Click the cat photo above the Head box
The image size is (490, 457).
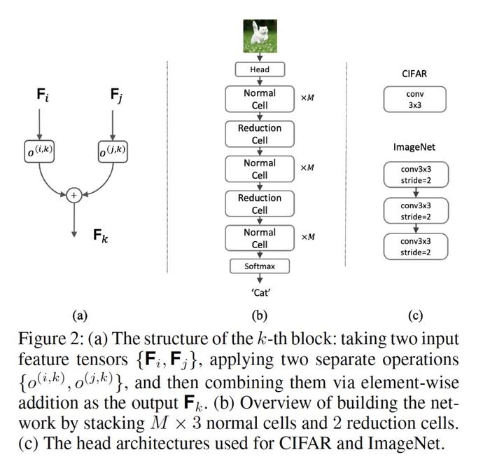pos(260,36)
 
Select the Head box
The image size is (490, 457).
pos(260,69)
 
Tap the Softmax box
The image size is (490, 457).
pos(260,266)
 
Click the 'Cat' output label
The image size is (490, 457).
pos(260,293)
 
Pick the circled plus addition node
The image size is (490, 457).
pos(74,196)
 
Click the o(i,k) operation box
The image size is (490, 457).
pos(39,151)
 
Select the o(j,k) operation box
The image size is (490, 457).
pos(113,151)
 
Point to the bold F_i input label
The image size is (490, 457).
pos(43,95)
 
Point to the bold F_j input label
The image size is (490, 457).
pos(116,95)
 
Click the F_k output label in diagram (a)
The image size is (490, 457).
pos(101,236)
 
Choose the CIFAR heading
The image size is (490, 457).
pos(414,74)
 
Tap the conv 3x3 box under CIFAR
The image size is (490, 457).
pos(414,100)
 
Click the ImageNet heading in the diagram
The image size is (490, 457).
pos(414,147)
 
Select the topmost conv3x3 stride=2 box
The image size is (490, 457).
pos(416,175)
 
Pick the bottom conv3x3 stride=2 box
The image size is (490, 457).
pos(416,247)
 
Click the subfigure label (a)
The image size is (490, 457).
pos(80,315)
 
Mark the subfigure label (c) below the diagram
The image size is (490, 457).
pos(415,315)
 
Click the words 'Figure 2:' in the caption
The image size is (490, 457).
pos(50,339)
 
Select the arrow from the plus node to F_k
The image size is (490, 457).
pos(74,220)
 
